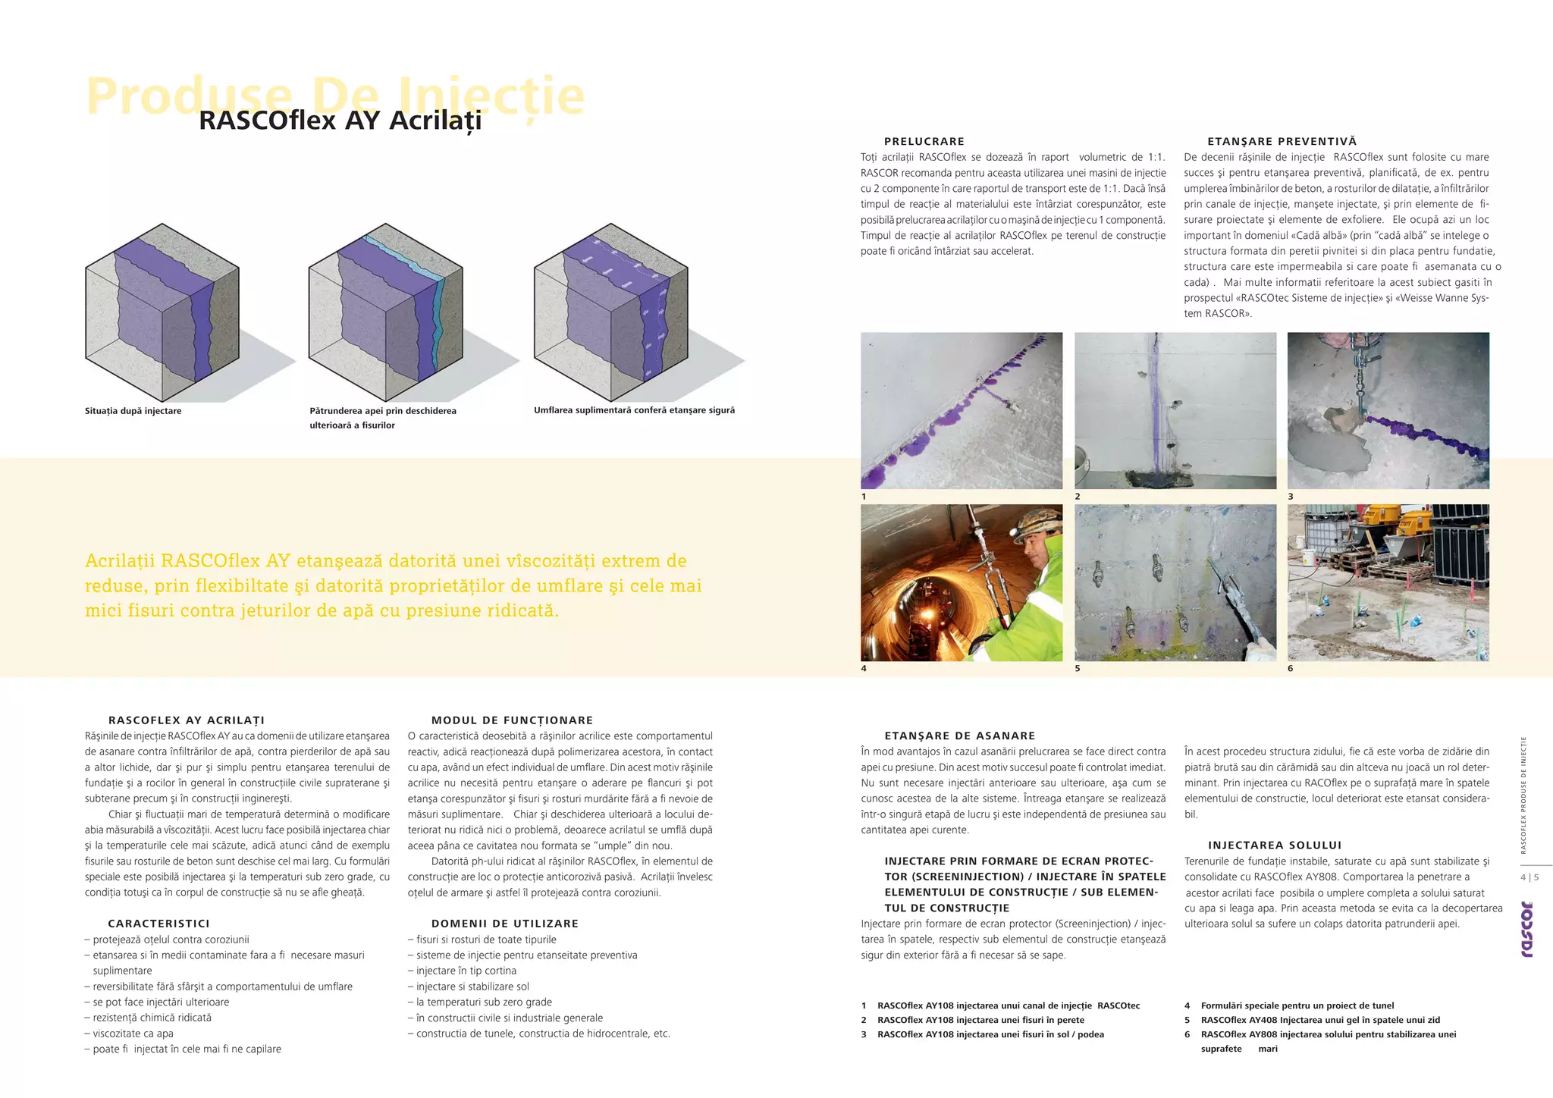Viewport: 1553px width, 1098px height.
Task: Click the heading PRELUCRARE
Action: point(924,141)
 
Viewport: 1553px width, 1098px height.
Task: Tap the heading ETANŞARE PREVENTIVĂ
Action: point(1282,141)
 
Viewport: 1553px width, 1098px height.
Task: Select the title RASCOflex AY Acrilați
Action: point(340,121)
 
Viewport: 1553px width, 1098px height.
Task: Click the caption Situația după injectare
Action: point(133,411)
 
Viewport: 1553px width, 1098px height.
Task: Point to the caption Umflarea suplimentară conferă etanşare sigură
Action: point(634,410)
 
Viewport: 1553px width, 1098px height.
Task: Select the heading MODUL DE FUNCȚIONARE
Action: point(512,720)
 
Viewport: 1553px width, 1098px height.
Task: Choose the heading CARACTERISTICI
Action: point(158,924)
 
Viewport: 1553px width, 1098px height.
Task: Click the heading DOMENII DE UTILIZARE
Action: point(504,924)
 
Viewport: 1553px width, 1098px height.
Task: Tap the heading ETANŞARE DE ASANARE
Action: point(959,736)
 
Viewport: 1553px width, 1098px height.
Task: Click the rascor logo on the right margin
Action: point(1527,930)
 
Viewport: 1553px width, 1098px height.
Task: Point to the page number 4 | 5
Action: point(1529,877)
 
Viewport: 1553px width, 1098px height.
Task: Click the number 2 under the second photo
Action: point(1078,497)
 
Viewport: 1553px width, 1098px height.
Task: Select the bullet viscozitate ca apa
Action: point(133,1034)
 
